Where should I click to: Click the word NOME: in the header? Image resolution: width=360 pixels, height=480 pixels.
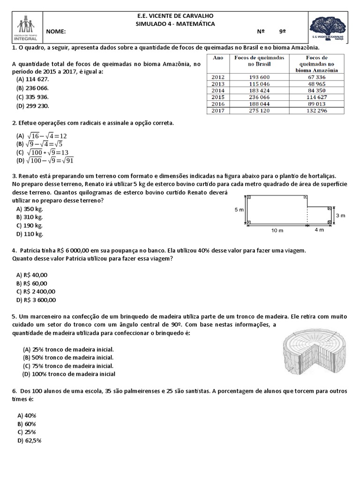[x=56, y=32]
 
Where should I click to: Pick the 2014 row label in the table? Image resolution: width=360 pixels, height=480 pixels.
[x=218, y=90]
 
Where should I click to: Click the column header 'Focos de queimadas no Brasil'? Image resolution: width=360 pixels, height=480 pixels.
[x=253, y=60]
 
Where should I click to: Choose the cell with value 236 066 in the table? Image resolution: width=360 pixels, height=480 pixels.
[x=253, y=97]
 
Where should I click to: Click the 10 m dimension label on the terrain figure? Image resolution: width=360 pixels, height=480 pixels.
[x=277, y=231]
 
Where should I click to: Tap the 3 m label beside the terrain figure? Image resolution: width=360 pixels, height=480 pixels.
[x=341, y=215]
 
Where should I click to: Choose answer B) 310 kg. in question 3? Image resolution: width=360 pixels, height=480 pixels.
[x=30, y=217]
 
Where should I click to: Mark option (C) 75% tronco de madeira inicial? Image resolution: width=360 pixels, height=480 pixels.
[x=68, y=366]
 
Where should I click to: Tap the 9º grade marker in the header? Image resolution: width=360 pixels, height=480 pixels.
[x=282, y=32]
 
